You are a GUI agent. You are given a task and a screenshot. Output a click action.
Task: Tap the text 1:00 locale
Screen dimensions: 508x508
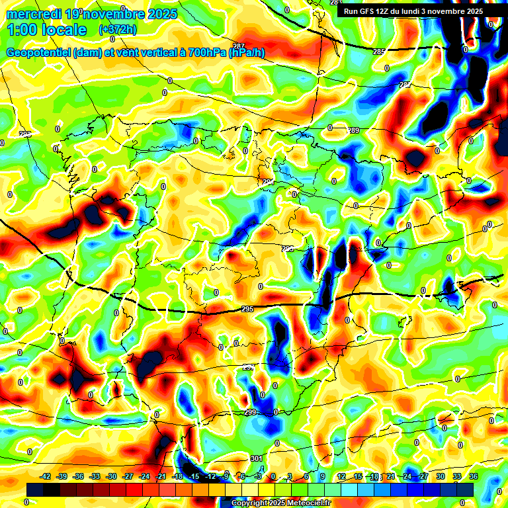46,30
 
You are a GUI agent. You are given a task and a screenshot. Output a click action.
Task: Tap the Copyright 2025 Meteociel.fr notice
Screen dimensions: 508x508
280,503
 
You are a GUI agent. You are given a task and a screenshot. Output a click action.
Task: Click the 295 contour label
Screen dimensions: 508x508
247,309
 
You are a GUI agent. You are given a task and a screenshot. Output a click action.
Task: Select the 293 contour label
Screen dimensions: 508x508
287,249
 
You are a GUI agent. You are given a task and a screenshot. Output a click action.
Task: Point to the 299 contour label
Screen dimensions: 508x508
250,412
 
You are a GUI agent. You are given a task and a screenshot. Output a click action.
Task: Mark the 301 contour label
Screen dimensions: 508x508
257,458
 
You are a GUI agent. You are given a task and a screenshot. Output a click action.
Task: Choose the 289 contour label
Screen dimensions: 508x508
354,130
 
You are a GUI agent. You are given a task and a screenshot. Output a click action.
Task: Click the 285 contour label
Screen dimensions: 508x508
378,52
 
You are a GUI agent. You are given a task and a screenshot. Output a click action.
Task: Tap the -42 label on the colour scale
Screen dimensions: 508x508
46,476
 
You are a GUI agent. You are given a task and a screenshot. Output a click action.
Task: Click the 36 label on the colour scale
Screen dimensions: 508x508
473,476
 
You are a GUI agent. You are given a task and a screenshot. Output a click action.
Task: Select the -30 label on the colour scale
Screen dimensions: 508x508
111,476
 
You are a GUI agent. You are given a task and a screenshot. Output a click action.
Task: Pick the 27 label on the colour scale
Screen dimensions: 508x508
424,476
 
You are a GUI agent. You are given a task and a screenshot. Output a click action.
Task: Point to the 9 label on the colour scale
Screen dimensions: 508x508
323,476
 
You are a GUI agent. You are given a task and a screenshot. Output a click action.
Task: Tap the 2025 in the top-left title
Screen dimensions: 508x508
162,14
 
